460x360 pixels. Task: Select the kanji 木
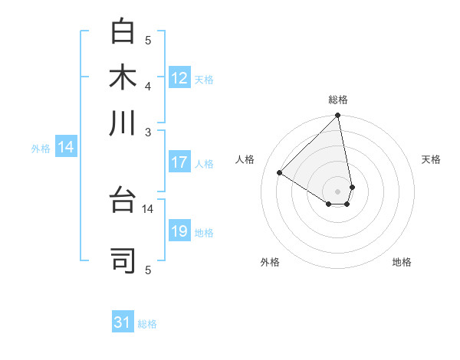(123, 77)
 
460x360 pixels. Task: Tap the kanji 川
(123, 122)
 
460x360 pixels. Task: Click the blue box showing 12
(179, 77)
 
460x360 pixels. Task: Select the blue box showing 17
(179, 162)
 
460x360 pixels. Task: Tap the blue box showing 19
(179, 231)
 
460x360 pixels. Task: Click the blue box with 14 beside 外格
(66, 148)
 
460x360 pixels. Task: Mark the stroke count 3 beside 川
(148, 131)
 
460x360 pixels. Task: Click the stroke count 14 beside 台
(148, 208)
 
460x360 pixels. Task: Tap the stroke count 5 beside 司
(148, 269)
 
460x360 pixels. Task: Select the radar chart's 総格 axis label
(338, 100)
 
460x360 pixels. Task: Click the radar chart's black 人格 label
(246, 159)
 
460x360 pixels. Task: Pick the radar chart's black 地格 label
(402, 262)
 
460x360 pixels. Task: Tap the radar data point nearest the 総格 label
(337, 116)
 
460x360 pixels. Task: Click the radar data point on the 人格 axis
(280, 172)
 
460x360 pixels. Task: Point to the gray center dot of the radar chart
(337, 191)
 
